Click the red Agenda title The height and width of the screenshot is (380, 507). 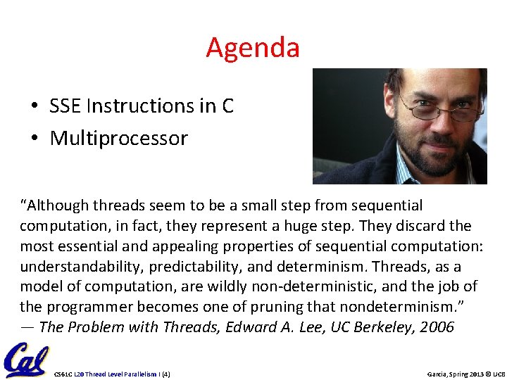[253, 48]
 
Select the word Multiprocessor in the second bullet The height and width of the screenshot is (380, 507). [118, 138]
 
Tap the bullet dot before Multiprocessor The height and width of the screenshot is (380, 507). [35, 139]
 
